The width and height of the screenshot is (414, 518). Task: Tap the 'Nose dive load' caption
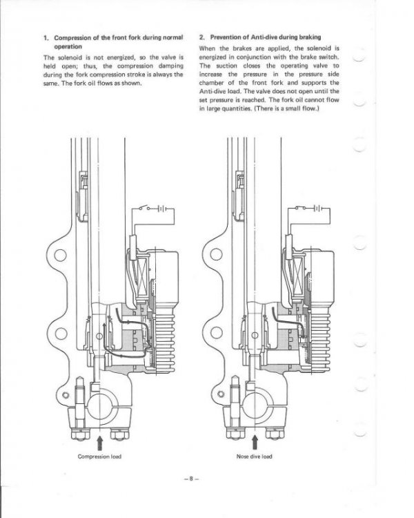pyautogui.click(x=254, y=457)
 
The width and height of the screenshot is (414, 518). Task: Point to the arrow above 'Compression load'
pyautogui.click(x=100, y=440)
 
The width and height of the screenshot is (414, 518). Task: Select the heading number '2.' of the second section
pyautogui.click(x=201, y=35)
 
